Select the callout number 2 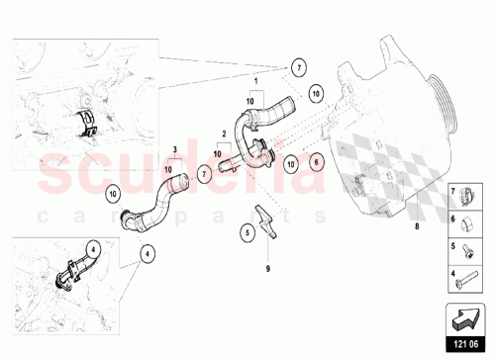[x=225, y=132]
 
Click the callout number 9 [x=268, y=268]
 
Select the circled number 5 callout [x=247, y=233]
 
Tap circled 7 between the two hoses [x=204, y=173]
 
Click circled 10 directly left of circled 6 [x=291, y=161]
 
